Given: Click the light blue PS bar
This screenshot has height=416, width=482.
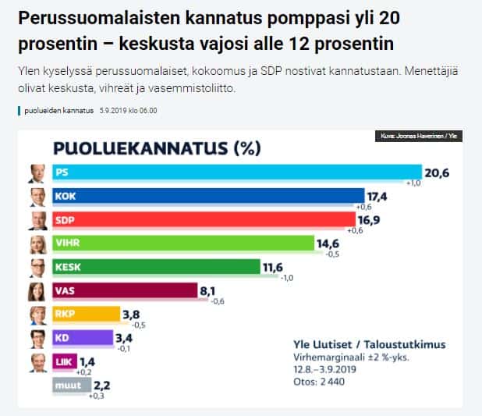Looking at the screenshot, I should pyautogui.click(x=234, y=172).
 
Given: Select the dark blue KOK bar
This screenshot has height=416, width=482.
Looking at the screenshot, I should pyautogui.click(x=207, y=196).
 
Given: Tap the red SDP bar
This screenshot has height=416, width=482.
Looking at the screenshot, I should pyautogui.click(x=204, y=220).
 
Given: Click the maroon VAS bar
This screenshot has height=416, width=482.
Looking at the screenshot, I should pyautogui.click(x=124, y=291).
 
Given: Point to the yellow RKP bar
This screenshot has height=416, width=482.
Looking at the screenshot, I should pyautogui.click(x=86, y=315).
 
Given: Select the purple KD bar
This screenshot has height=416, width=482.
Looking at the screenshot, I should pyautogui.click(x=83, y=339).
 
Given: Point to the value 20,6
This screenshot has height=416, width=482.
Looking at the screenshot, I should pyautogui.click(x=437, y=172).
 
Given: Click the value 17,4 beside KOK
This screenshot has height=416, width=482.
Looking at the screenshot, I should pyautogui.click(x=381, y=195).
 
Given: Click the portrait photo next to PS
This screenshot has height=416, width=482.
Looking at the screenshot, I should pyautogui.click(x=36, y=173).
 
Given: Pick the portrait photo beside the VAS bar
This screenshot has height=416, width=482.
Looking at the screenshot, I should pyautogui.click(x=36, y=292).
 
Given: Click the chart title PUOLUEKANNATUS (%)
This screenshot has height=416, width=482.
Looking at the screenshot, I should pyautogui.click(x=156, y=148).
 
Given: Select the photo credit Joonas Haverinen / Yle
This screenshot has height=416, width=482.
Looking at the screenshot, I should pyautogui.click(x=416, y=137).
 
